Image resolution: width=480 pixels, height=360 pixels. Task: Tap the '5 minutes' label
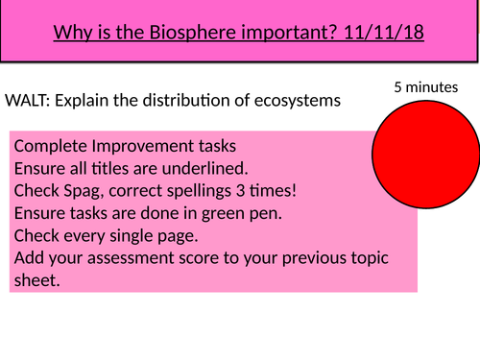[425, 87]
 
